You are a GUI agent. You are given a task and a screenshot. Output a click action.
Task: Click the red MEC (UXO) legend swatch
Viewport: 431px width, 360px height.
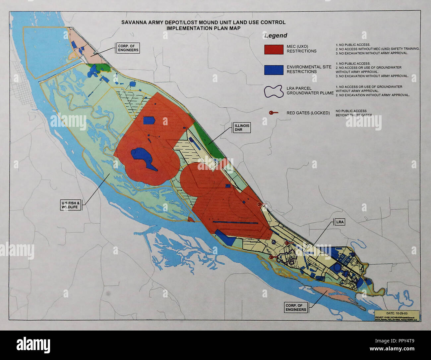274,49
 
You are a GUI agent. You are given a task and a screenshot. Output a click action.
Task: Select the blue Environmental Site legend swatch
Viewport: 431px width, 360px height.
274,69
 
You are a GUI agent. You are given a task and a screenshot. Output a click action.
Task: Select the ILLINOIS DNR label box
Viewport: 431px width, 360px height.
241,127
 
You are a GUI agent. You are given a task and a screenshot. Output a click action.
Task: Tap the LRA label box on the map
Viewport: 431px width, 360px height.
340,222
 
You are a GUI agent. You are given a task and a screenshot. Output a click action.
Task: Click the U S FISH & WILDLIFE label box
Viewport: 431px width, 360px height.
71,205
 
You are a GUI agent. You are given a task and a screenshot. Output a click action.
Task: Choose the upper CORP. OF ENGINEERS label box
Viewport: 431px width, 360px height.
127,48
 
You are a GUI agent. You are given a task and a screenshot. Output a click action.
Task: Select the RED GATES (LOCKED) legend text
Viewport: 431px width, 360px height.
308,113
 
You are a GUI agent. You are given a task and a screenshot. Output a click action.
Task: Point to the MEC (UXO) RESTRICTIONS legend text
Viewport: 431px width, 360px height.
301,49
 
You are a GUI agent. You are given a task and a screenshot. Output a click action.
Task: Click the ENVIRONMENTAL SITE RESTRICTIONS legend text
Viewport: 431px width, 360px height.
309,69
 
